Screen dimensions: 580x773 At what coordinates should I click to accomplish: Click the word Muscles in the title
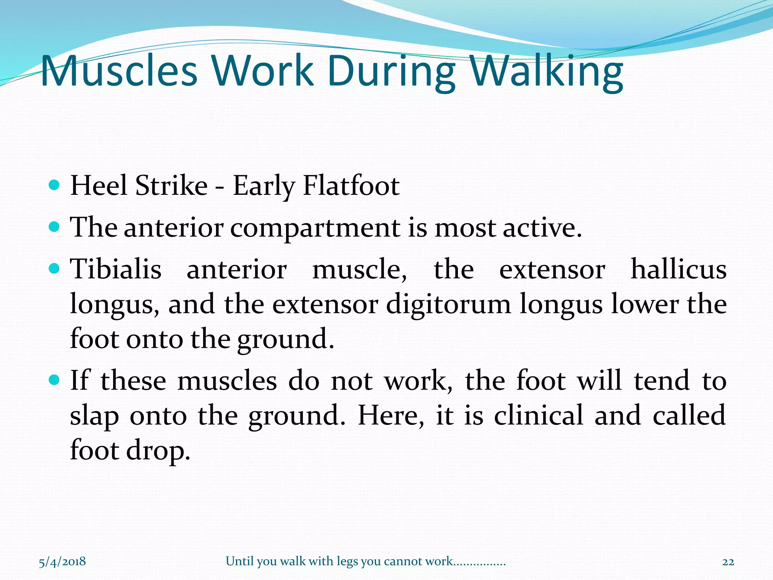tap(119, 71)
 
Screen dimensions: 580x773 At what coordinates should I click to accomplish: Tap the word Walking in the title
tap(547, 71)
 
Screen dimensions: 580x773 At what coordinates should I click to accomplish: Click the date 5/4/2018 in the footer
tap(62, 561)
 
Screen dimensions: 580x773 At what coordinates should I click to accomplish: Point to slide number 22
tap(728, 562)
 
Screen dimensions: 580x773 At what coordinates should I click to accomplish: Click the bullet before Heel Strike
tap(55, 185)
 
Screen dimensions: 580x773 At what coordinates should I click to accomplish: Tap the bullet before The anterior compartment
tap(55, 227)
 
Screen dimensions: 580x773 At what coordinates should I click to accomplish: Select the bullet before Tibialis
tap(55, 269)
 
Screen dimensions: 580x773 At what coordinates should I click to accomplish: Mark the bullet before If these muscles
tap(55, 379)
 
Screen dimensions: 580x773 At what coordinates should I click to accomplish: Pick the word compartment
tap(315, 228)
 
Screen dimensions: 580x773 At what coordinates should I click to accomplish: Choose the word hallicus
tap(678, 270)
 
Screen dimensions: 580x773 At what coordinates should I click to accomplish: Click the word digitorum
tap(448, 304)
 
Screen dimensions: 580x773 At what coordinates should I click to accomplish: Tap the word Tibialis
tap(116, 270)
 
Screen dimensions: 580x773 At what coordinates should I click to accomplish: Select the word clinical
tap(539, 415)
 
